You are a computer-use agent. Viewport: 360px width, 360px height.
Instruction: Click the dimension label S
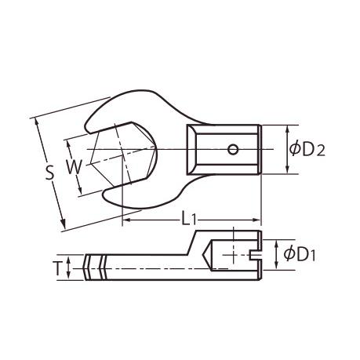(49, 173)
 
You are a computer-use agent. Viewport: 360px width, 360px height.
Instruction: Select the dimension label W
(74, 167)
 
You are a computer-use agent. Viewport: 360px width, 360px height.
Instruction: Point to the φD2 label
(307, 150)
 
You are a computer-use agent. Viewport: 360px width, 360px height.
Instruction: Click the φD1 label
(300, 254)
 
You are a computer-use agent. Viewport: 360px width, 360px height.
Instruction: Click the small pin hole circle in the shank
(232, 150)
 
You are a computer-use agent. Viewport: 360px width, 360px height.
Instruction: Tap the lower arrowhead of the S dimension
(63, 224)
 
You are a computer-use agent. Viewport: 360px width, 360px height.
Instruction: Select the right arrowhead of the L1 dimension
(256, 220)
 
